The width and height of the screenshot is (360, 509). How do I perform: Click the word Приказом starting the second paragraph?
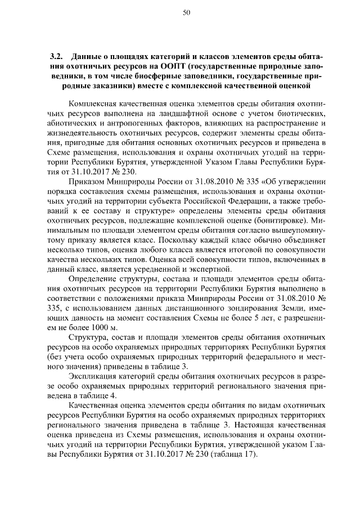[85, 182]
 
